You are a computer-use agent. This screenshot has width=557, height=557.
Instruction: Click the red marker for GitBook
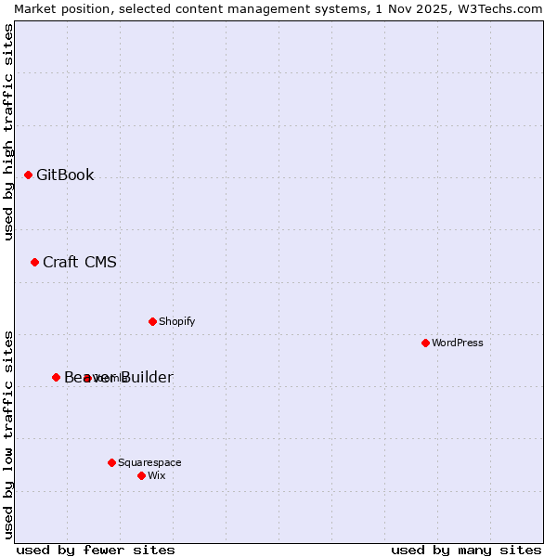click(28, 175)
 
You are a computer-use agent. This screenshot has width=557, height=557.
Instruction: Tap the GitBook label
click(65, 175)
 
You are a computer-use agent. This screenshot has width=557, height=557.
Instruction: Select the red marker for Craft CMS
click(34, 262)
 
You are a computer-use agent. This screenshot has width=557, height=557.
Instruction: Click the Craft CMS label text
click(80, 262)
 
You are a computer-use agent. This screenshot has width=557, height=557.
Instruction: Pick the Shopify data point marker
click(152, 321)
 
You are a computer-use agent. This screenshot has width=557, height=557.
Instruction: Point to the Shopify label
click(176, 321)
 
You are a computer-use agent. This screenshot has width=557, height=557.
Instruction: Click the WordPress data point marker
click(425, 343)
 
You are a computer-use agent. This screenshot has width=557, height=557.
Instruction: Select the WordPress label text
click(457, 343)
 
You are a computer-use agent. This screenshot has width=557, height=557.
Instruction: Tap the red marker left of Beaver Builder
click(56, 377)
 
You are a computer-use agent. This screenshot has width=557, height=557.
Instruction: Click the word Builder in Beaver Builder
click(145, 377)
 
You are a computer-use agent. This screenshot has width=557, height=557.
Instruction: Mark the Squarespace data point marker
click(111, 462)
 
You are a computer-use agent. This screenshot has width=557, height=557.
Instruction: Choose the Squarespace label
click(149, 462)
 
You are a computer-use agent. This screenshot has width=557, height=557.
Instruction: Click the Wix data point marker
click(141, 475)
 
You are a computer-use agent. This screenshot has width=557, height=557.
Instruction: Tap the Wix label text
click(156, 475)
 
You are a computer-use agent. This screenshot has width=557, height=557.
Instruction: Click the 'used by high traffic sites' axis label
click(8, 132)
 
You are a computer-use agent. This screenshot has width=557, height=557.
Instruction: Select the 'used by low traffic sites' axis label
click(8, 434)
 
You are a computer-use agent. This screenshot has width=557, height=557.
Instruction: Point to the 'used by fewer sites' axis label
click(96, 550)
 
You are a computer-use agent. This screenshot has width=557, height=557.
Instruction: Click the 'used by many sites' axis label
click(466, 550)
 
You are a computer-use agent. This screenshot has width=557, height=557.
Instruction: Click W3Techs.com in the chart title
click(502, 8)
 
